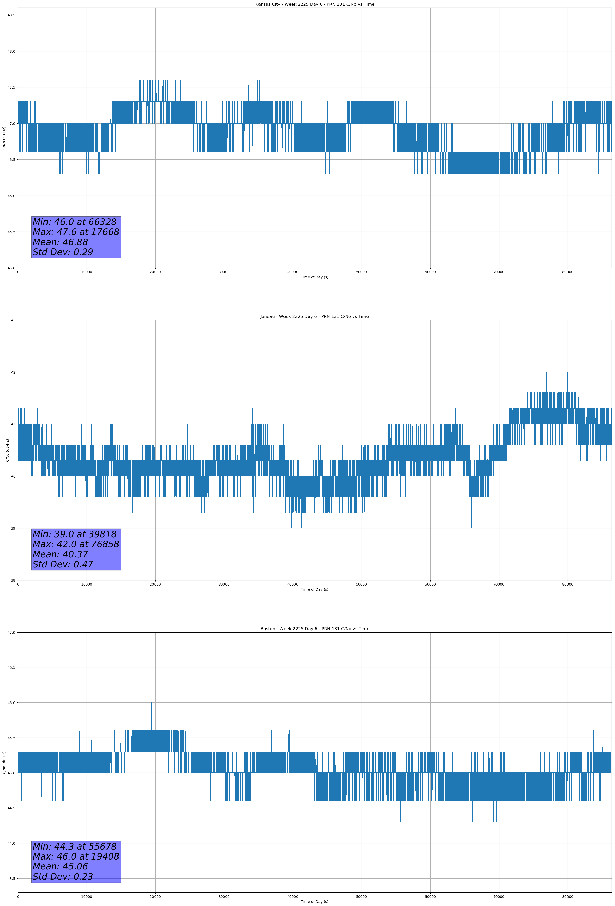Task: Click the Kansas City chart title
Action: click(x=314, y=4)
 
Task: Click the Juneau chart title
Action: click(x=314, y=317)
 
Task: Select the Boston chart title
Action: click(x=314, y=629)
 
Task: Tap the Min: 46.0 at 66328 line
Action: click(x=75, y=222)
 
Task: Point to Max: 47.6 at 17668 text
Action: click(x=76, y=232)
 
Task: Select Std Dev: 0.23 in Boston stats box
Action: click(x=63, y=877)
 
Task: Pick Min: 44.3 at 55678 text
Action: click(x=75, y=846)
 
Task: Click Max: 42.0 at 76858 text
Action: click(x=76, y=544)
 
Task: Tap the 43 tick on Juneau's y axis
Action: click(x=13, y=320)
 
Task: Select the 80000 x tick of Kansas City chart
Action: click(x=567, y=272)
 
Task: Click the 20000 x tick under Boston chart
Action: click(x=155, y=897)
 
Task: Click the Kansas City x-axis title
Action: click(x=314, y=277)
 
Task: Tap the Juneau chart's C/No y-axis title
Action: click(x=7, y=450)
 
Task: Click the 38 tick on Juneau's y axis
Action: click(x=13, y=580)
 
